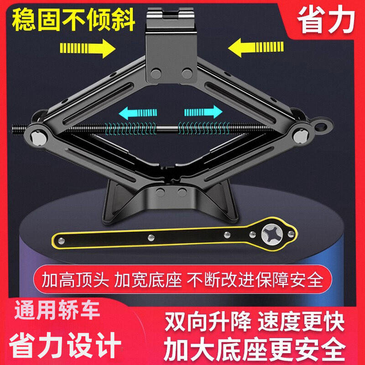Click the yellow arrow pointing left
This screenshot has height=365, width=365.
click(256, 47)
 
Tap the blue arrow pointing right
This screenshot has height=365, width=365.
click(203, 112)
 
